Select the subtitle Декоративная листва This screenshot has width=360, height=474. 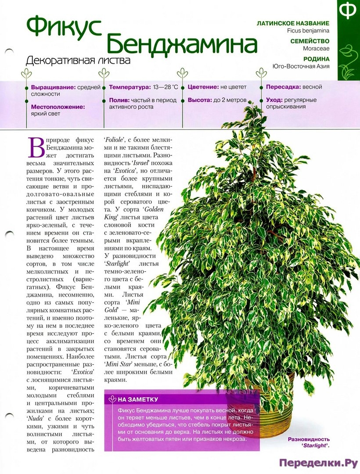pos(78,60)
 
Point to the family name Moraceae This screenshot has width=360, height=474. pos(316,49)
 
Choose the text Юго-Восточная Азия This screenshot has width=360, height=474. pos(301,67)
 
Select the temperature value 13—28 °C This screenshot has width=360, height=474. pos(166,87)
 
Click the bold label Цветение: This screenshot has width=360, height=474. pos(203,87)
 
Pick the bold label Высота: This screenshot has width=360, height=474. pos(200,100)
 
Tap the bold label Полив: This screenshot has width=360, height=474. pos(119,100)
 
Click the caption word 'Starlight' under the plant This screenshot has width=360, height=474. pos(315,445)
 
